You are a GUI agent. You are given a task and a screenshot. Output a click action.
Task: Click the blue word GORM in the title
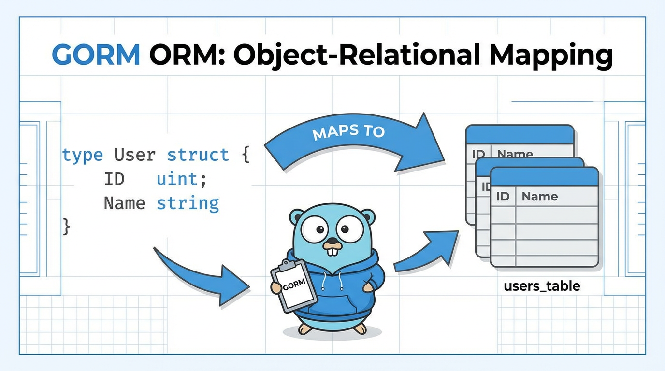coord(96,55)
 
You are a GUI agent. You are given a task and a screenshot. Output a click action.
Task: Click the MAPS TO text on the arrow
coord(348,131)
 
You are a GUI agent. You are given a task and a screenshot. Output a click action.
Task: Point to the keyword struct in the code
coord(198,155)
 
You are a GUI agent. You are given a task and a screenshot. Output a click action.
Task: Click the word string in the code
coord(188,203)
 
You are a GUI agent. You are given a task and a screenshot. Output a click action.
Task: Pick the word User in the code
coord(135,155)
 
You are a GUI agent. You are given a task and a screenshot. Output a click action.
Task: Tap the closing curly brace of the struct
coord(67,226)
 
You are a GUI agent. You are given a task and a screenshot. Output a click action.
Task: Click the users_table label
coord(542,286)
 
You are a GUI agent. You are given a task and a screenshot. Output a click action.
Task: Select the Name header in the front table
coord(539,197)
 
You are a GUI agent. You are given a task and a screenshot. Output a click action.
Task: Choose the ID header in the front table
coord(503,197)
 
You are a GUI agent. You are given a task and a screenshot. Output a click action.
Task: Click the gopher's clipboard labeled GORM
coord(294,285)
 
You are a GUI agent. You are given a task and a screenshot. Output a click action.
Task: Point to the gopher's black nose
coord(332,240)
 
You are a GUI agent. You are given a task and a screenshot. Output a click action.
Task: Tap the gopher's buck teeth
coord(332,250)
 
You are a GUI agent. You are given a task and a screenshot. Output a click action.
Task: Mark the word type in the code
coord(83,155)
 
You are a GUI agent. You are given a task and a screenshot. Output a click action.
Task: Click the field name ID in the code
coord(114,179)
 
